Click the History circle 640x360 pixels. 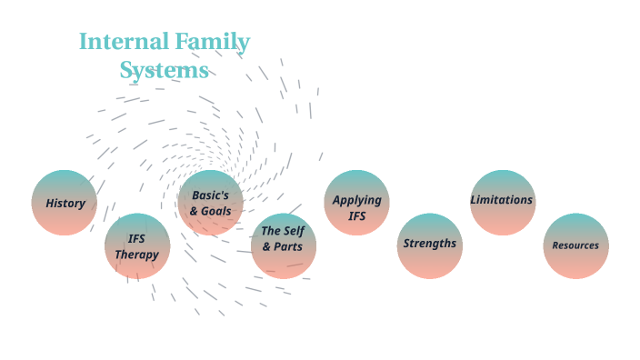click(x=65, y=203)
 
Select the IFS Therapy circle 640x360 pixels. click(x=137, y=245)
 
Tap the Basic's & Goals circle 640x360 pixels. click(x=211, y=203)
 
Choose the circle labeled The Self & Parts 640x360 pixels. click(x=284, y=245)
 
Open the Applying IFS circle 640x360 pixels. click(x=357, y=203)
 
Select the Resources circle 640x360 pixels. click(x=575, y=245)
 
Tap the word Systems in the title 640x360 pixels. click(x=165, y=70)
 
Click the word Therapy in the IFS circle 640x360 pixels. click(x=137, y=255)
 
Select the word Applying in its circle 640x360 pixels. click(x=357, y=199)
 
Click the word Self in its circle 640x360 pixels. click(x=294, y=230)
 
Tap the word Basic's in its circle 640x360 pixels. click(x=210, y=195)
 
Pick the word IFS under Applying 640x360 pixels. click(x=357, y=215)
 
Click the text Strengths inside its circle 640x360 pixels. click(x=430, y=244)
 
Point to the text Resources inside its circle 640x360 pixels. click(x=575, y=245)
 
